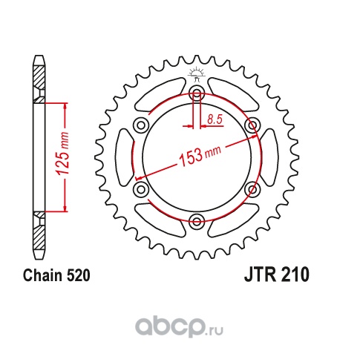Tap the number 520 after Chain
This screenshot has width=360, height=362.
click(x=77, y=276)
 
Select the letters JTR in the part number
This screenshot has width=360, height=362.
click(x=258, y=276)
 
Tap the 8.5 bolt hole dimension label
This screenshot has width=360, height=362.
click(x=215, y=119)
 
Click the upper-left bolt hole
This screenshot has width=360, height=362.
click(x=141, y=125)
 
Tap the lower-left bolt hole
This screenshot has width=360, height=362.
click(x=141, y=188)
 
